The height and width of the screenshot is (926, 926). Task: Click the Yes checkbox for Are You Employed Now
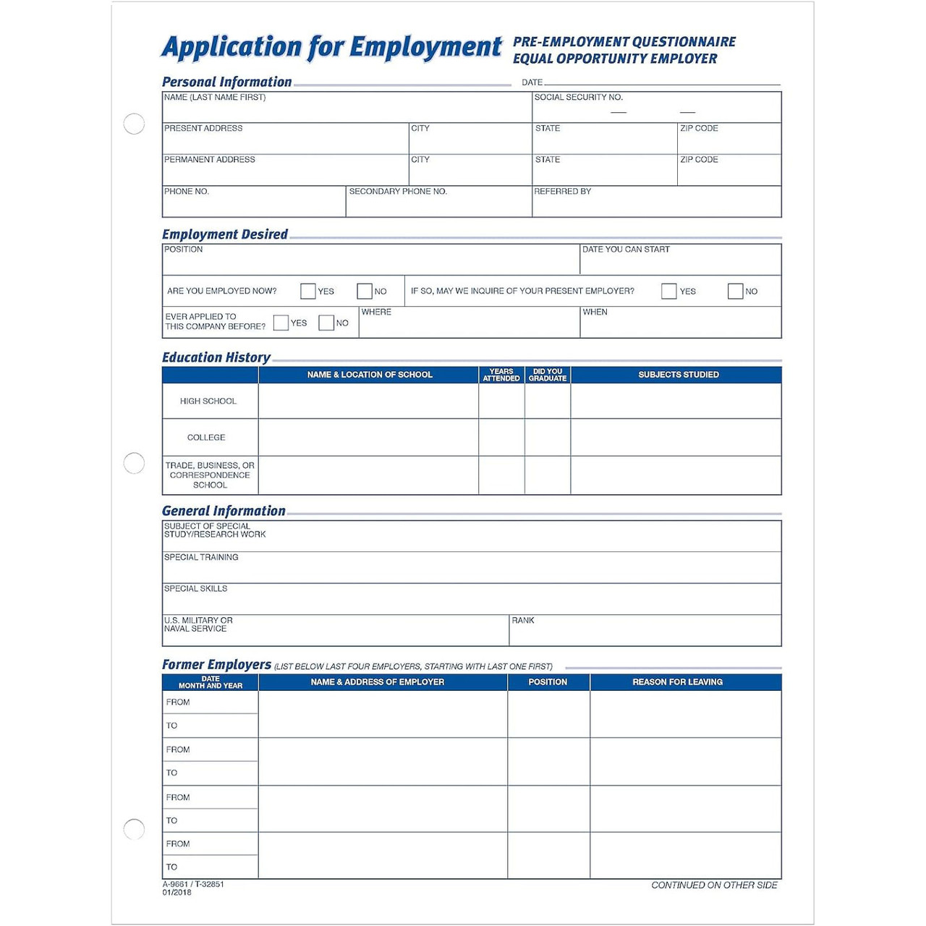point(307,291)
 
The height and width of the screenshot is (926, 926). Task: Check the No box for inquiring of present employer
point(735,291)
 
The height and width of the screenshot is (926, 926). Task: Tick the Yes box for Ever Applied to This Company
point(281,323)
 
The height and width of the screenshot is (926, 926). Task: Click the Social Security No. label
point(578,98)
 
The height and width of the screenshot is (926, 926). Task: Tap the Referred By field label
point(562,192)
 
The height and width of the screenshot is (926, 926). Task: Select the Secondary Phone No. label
point(398,192)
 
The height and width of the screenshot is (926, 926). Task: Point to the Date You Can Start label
point(626,250)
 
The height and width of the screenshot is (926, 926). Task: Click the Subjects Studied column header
point(678,375)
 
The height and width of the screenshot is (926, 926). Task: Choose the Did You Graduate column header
point(548,375)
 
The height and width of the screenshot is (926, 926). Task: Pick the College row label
point(206,438)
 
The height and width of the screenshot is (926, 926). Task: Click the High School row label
point(208,401)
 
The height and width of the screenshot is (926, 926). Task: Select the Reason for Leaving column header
point(677,682)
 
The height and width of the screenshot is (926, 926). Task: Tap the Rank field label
point(523,621)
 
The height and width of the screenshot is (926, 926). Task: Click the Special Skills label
point(195,589)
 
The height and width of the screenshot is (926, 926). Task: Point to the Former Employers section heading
point(216,664)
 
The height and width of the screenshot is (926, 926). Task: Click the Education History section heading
point(216,357)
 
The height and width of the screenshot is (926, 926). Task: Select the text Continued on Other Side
point(714,885)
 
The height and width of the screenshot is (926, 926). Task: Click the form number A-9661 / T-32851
point(193,884)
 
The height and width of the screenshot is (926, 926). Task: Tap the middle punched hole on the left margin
point(134,463)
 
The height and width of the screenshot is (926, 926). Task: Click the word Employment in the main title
point(425,47)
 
